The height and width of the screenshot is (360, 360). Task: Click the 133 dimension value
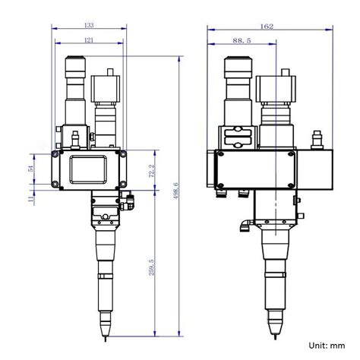tap(89, 24)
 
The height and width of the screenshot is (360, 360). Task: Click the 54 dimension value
tap(30, 169)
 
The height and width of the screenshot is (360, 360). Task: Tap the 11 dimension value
tap(30, 199)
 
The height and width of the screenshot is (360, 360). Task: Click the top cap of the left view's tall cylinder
tap(77, 61)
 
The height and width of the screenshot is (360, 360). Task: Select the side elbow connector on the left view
tap(130, 201)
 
